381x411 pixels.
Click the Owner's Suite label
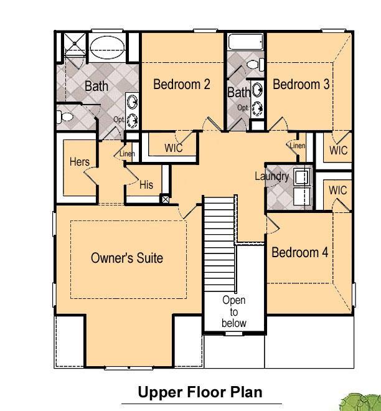click(x=127, y=258)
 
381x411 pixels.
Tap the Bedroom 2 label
click(x=182, y=85)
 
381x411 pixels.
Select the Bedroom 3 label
click(x=301, y=85)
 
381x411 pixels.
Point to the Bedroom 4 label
click(x=300, y=252)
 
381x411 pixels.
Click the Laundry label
click(x=272, y=176)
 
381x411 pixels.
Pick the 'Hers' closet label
click(x=80, y=161)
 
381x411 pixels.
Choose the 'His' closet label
click(x=146, y=184)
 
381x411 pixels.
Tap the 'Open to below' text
click(x=233, y=311)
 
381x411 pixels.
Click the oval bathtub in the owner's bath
click(x=107, y=47)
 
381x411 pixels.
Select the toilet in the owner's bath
click(x=65, y=116)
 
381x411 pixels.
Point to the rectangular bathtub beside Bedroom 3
click(x=245, y=42)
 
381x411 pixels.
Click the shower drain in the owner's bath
click(x=75, y=43)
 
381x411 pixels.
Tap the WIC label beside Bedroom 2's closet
click(x=174, y=148)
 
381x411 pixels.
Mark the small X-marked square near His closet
click(x=166, y=199)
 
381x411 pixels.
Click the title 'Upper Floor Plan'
click(x=200, y=392)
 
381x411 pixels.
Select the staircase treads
click(x=219, y=243)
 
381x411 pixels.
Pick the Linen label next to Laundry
click(x=298, y=145)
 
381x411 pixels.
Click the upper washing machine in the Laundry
click(x=303, y=177)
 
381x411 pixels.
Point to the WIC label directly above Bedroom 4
click(x=338, y=191)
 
